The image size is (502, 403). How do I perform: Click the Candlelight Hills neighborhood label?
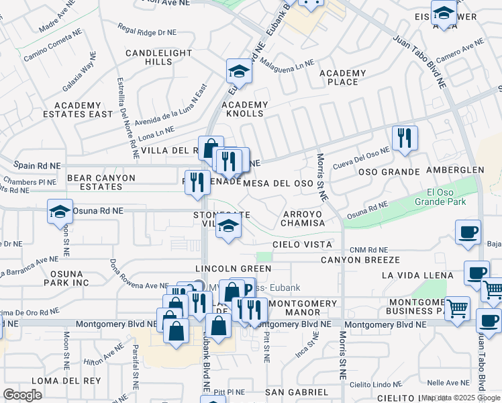[x=149, y=57]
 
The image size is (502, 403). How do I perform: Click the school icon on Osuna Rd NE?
[x=60, y=211]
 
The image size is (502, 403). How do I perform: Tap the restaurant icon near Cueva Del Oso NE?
[x=405, y=138]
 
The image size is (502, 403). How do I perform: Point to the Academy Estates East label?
[x=83, y=109]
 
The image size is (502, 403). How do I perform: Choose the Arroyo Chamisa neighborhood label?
[x=303, y=219]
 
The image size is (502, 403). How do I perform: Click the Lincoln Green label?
[x=233, y=269]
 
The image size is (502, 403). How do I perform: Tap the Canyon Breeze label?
[x=360, y=260]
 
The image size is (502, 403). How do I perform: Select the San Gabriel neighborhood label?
[x=296, y=392]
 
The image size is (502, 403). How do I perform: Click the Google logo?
[x=22, y=395]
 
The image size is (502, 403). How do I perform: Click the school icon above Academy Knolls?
[x=239, y=71]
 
